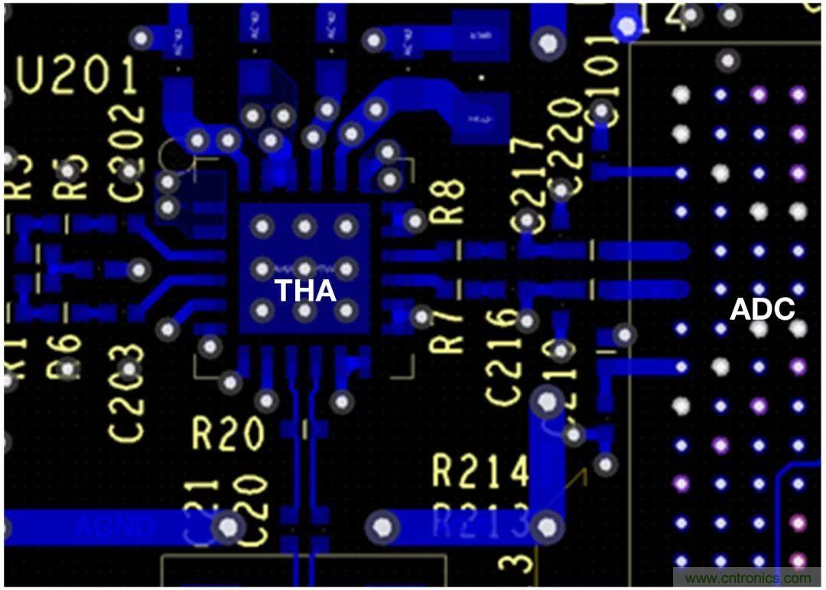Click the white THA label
pos(305,292)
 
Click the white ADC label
pos(762,310)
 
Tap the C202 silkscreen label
pos(128,142)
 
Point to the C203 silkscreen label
pos(126,393)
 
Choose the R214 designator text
pos(480,471)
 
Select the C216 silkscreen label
pos(506,356)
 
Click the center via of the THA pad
pos(304,269)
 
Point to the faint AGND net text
pos(115,526)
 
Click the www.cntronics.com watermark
pos(747,579)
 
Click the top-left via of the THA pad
pos(263,227)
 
